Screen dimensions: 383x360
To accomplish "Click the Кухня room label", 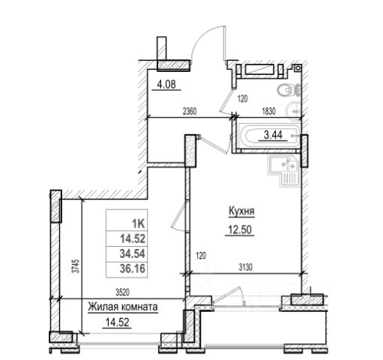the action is click(x=241, y=211).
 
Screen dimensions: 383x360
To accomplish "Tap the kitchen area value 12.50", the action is click(x=240, y=229).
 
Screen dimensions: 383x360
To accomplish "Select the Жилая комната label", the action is click(x=123, y=307).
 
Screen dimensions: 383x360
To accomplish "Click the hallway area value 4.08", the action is click(x=166, y=85).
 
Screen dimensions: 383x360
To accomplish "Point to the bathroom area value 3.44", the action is click(x=273, y=135).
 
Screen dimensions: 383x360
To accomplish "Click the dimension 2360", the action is click(x=190, y=111).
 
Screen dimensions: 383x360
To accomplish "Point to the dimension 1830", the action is click(x=268, y=111).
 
